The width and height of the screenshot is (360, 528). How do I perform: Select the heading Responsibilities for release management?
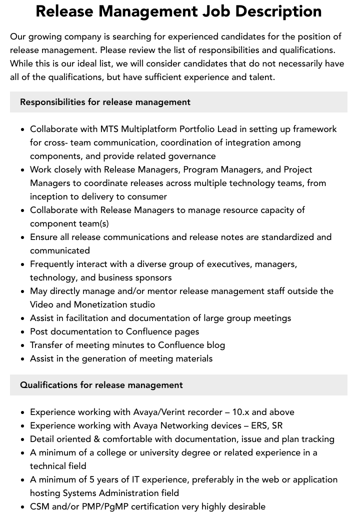tap(105, 102)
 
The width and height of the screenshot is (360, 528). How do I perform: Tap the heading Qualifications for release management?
tap(101, 385)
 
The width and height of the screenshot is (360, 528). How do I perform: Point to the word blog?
tap(216, 345)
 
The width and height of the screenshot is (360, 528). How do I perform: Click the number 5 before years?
tap(92, 479)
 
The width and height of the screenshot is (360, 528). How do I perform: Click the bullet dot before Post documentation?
tap(23, 332)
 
